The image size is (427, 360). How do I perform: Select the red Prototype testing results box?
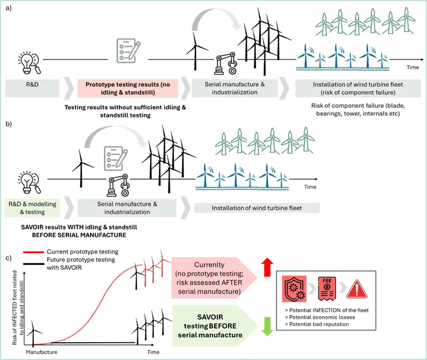127,88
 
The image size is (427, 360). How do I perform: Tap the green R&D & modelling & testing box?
32,208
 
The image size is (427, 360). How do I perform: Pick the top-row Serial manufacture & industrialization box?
235,88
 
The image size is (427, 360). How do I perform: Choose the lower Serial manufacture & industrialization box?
127,208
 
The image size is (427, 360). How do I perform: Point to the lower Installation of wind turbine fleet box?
256,208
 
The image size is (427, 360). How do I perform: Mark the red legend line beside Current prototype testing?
33,253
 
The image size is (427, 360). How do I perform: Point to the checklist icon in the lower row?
115,157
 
